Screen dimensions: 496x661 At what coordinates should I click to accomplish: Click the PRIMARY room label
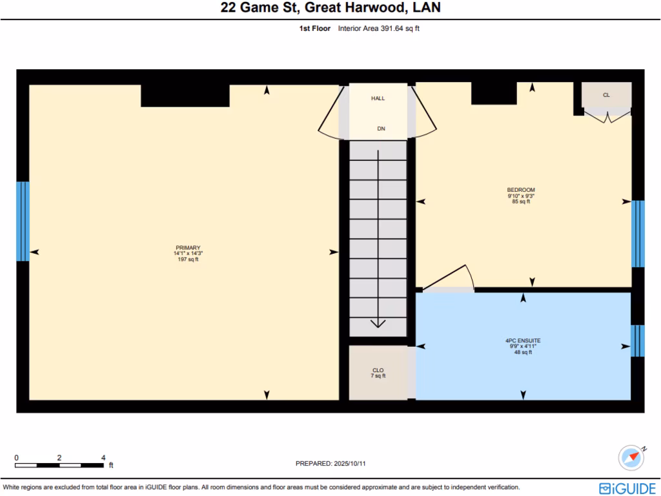(x=188, y=247)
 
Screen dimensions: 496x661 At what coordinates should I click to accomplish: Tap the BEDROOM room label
(x=520, y=190)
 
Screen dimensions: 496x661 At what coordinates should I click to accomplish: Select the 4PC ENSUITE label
(x=523, y=340)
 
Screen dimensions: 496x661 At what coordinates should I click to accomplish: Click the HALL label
(x=378, y=99)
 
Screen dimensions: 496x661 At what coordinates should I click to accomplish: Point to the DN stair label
(x=381, y=129)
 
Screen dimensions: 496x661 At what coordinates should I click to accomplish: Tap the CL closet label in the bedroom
(x=606, y=95)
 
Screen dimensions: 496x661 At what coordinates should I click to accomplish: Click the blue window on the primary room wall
(x=23, y=221)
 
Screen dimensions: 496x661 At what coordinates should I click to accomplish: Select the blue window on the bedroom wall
(x=638, y=234)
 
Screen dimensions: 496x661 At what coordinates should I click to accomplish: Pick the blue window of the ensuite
(x=638, y=340)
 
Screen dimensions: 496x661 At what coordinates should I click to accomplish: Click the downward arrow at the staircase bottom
(x=378, y=323)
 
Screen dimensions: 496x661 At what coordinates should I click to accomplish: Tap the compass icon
(x=631, y=457)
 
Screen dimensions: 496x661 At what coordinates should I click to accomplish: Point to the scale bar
(x=59, y=464)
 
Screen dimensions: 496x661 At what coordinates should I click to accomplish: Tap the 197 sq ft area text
(x=188, y=260)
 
